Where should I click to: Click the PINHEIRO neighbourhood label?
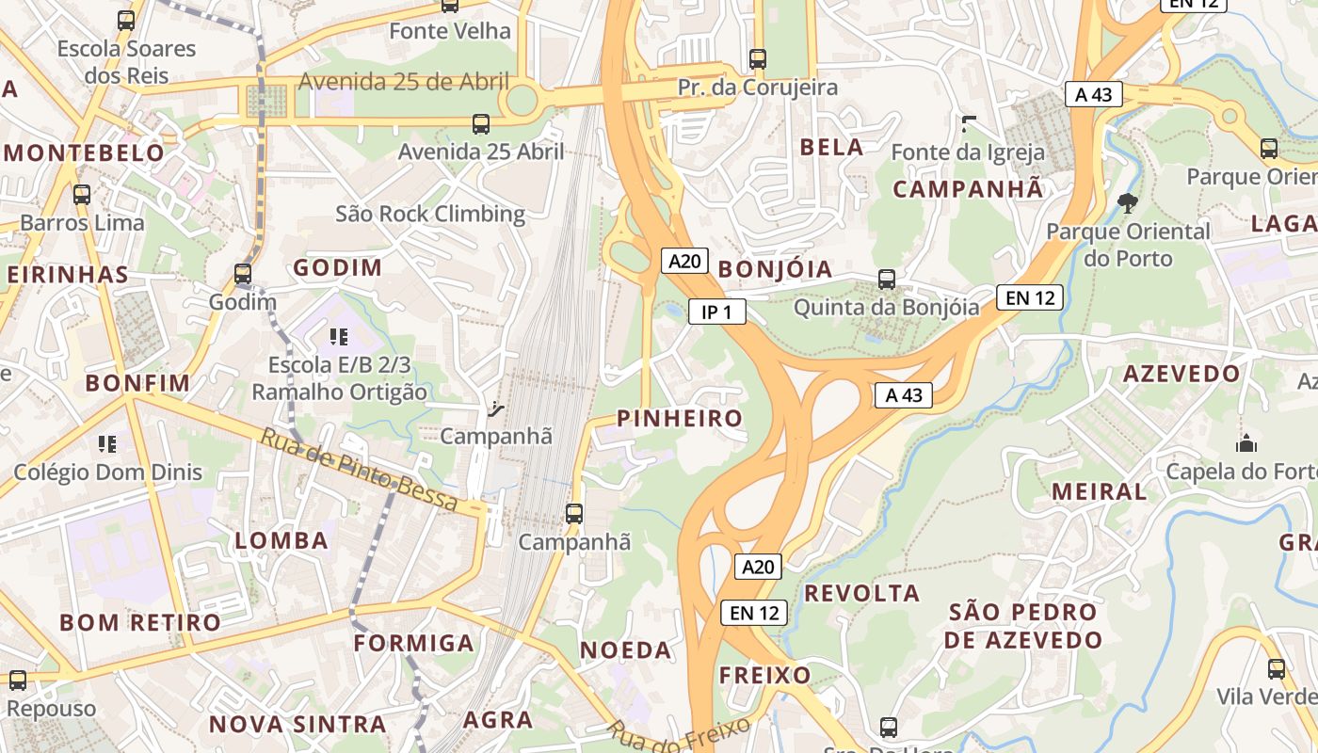click(x=679, y=419)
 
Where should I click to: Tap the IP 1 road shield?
click(x=717, y=312)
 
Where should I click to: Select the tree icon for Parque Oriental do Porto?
click(x=1126, y=202)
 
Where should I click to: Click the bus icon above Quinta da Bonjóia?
click(x=886, y=279)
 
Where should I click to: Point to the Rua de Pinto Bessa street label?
click(x=359, y=470)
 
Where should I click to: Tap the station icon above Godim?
click(x=243, y=274)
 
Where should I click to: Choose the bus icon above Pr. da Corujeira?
click(x=758, y=58)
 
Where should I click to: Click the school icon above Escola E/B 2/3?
click(x=339, y=336)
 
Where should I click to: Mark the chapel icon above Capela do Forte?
click(x=1246, y=442)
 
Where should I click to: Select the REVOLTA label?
click(x=861, y=593)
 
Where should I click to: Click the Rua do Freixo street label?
click(x=679, y=735)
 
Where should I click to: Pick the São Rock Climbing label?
click(x=430, y=214)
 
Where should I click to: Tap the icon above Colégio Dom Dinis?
click(x=107, y=443)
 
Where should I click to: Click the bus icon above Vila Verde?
click(x=1276, y=668)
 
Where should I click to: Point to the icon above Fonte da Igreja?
click(x=968, y=123)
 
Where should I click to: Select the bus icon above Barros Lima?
click(x=82, y=195)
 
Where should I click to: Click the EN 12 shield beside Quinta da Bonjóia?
click(x=1030, y=298)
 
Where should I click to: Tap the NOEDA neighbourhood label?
click(x=625, y=649)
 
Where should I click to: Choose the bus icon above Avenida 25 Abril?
click(x=480, y=123)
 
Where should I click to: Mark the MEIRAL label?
click(x=1099, y=491)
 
